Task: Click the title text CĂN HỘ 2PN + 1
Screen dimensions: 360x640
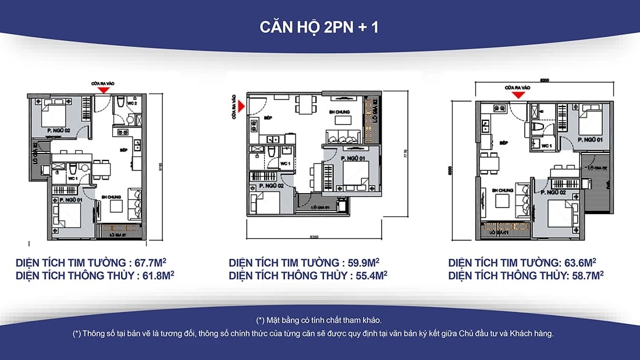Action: click(x=319, y=27)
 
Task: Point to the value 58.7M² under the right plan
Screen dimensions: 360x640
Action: click(x=585, y=275)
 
